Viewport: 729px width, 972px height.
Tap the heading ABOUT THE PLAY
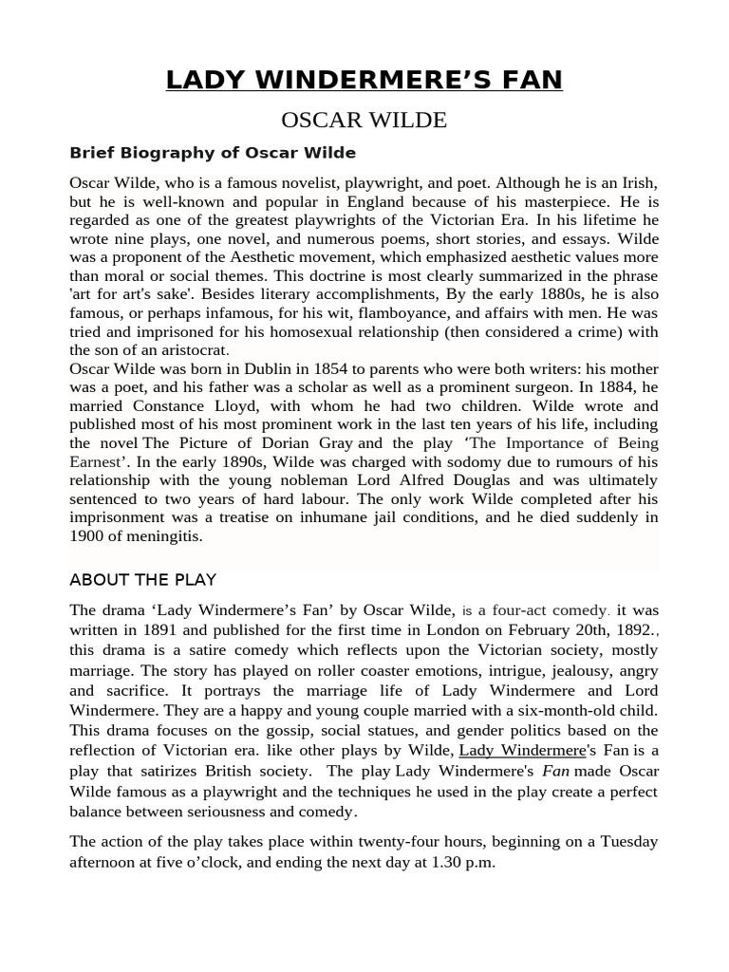pos(142,579)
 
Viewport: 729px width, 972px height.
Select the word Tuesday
pos(622,842)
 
